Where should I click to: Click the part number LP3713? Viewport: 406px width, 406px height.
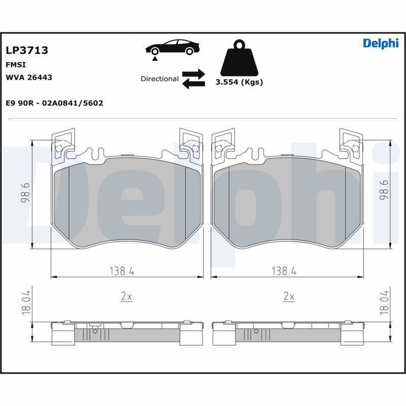(27, 50)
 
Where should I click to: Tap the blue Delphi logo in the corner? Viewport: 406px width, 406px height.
(381, 43)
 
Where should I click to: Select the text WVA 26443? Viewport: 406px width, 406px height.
(29, 77)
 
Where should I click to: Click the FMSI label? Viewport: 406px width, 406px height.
(16, 64)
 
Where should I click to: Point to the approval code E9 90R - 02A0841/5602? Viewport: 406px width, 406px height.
(54, 103)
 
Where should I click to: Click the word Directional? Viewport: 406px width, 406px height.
(159, 79)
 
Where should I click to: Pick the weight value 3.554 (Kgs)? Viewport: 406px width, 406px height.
(239, 82)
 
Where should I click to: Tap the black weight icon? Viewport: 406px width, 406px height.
(239, 57)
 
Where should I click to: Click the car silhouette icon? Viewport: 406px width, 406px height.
(173, 47)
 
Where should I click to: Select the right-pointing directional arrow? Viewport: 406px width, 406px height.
(193, 74)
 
